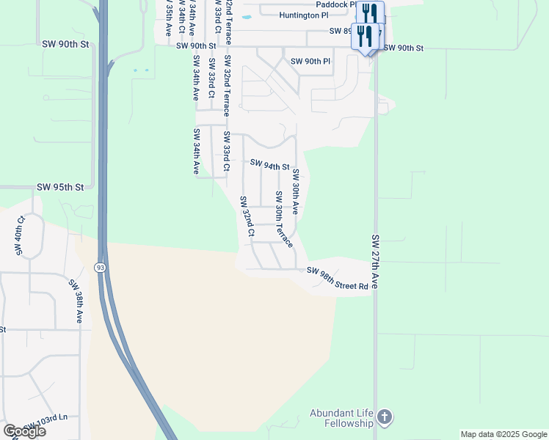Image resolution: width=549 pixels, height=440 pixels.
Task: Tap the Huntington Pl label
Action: click(304, 15)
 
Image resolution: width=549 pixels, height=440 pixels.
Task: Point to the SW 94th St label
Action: click(270, 165)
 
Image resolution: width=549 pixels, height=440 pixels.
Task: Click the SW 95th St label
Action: click(60, 187)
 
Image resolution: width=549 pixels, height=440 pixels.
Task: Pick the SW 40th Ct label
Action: click(21, 235)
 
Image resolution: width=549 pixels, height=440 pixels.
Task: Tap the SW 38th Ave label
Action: click(76, 301)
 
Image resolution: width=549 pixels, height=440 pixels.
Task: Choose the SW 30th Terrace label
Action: click(284, 218)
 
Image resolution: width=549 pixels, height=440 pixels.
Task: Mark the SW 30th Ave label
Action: click(296, 191)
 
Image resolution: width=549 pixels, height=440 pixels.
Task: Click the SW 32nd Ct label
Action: click(247, 216)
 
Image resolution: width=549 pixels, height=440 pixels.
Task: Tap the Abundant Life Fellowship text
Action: click(341, 419)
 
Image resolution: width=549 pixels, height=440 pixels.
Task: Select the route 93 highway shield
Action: click(100, 268)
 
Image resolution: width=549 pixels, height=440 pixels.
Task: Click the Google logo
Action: click(23, 430)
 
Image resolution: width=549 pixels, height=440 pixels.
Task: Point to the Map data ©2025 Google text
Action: click(503, 434)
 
